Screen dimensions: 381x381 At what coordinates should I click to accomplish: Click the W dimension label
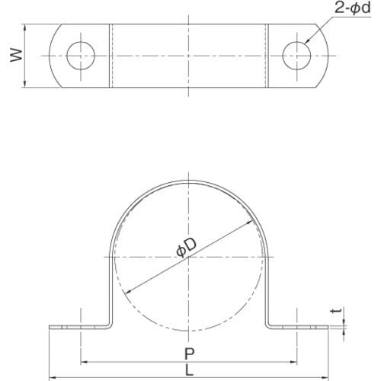click(x=17, y=56)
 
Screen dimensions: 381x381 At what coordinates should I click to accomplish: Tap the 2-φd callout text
click(x=353, y=8)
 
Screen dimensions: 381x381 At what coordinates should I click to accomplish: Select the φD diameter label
click(x=186, y=248)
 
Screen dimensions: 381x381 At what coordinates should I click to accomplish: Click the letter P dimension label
click(x=189, y=354)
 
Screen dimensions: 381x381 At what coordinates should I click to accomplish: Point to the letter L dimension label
click(x=189, y=370)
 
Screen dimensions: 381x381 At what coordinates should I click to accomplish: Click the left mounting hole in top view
click(x=81, y=56)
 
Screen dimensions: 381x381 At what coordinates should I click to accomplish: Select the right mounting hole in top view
click(x=296, y=56)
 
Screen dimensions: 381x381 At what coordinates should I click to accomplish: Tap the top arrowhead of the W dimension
click(x=24, y=27)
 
